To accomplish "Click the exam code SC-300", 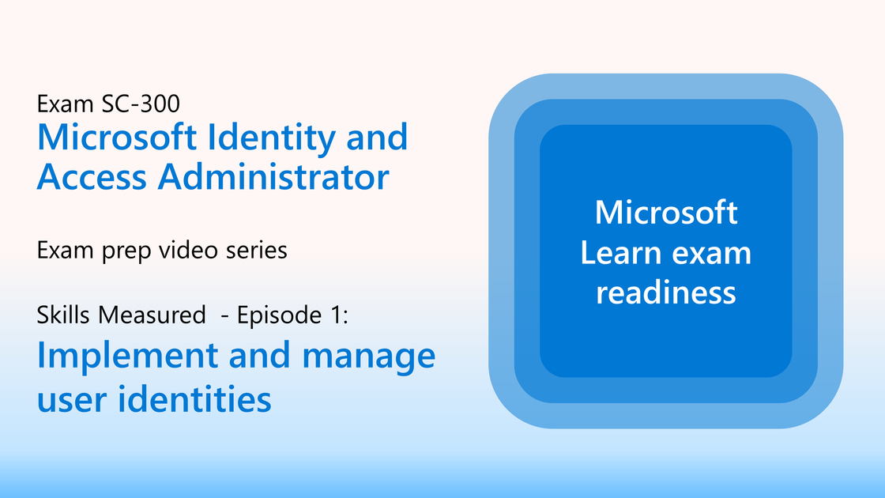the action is click(x=141, y=104).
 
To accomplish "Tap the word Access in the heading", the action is click(x=92, y=176).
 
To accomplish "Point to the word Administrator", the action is click(x=273, y=176).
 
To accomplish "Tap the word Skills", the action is click(x=64, y=315).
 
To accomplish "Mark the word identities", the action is click(x=194, y=398).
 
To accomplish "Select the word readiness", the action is click(x=666, y=292).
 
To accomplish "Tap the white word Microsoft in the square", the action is click(x=666, y=213).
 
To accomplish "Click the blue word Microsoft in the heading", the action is click(x=117, y=138).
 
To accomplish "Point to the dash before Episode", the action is click(x=224, y=317).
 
